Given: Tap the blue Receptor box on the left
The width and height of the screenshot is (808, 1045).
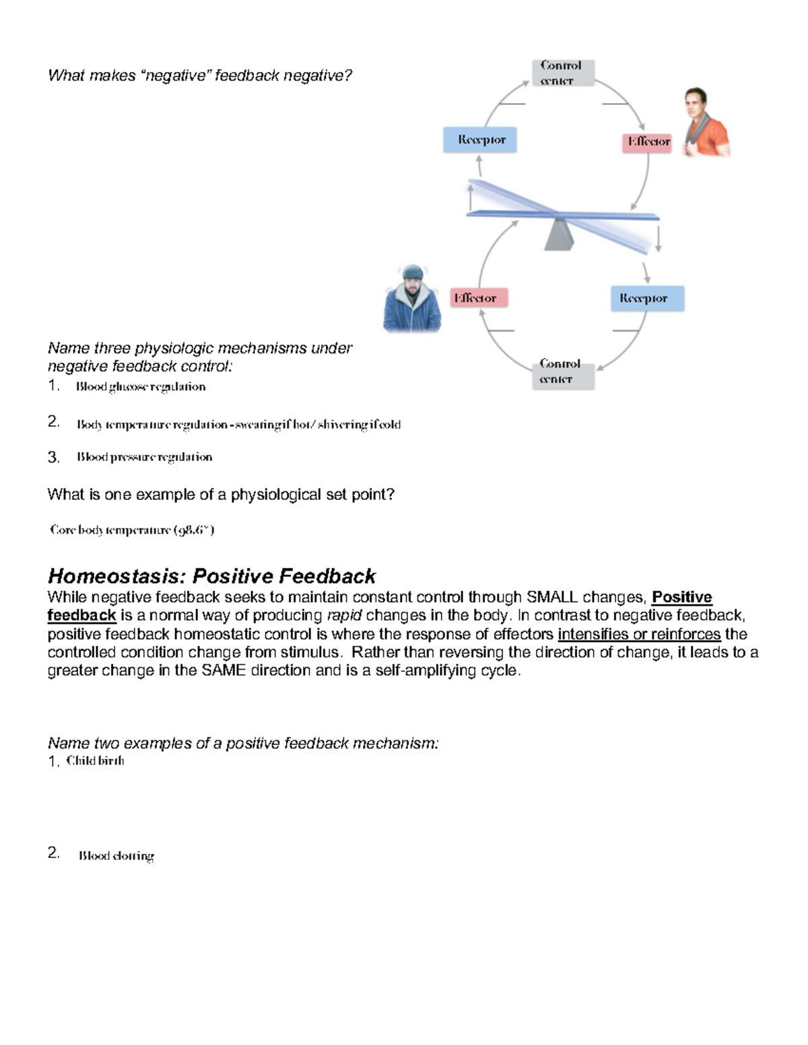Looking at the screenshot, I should (x=480, y=140).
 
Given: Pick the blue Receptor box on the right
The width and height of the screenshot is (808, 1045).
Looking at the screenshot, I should (x=647, y=298).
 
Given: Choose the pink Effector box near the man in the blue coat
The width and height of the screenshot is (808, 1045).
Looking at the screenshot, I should (x=479, y=297).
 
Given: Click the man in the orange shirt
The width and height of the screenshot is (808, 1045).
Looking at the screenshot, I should (x=704, y=124).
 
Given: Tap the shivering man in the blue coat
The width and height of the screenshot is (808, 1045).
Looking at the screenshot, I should (x=412, y=301).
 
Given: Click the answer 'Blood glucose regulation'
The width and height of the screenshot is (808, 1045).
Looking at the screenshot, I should (x=141, y=387).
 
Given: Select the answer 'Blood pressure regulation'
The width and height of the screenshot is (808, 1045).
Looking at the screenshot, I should (x=144, y=458).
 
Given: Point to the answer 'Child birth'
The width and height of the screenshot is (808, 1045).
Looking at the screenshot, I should (x=95, y=761).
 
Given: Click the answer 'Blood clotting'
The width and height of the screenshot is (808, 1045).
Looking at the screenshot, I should (x=116, y=856).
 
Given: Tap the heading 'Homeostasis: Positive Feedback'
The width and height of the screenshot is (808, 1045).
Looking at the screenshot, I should (x=211, y=576).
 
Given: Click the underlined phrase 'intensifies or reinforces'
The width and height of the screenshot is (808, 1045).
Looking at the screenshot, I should (x=639, y=634).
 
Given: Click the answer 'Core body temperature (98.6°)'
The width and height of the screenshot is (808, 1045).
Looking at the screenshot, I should (x=132, y=530).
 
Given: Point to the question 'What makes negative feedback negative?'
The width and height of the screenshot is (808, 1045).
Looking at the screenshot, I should (x=200, y=75).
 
